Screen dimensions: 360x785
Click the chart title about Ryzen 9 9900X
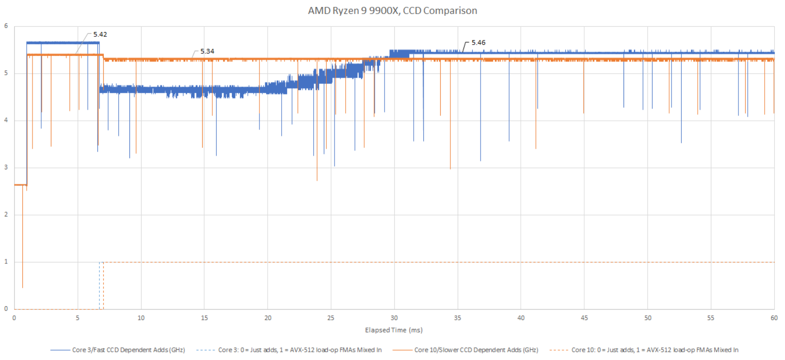tap(392, 11)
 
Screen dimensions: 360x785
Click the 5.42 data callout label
tap(100, 34)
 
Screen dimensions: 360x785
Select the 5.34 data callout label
tap(207, 51)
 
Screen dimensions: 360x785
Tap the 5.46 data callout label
tap(478, 43)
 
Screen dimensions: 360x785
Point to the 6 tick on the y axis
tap(6, 26)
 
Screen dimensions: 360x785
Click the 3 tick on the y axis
tap(6, 167)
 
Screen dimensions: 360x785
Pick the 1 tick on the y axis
tap(6, 262)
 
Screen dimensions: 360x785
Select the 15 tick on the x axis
tap(204, 318)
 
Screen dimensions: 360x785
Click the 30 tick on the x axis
tap(394, 318)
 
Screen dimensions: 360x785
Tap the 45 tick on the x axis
tap(584, 318)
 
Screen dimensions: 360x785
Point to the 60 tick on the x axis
tap(774, 318)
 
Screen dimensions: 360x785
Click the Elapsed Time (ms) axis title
tap(394, 330)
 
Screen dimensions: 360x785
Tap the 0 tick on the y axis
tap(6, 309)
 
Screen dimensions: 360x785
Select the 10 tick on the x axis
tap(141, 318)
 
